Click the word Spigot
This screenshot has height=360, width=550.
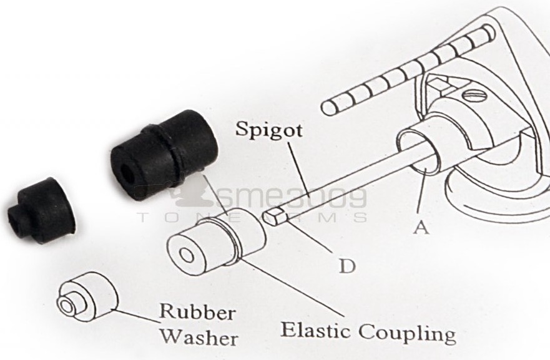(268, 129)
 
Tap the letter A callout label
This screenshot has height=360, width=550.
(421, 228)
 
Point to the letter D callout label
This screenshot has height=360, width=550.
(347, 266)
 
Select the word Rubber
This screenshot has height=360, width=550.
(197, 311)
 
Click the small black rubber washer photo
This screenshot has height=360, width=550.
(41, 210)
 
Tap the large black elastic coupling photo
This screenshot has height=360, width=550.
(164, 155)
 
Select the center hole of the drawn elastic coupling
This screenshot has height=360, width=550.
(187, 255)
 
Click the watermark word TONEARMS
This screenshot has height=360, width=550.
(253, 217)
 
